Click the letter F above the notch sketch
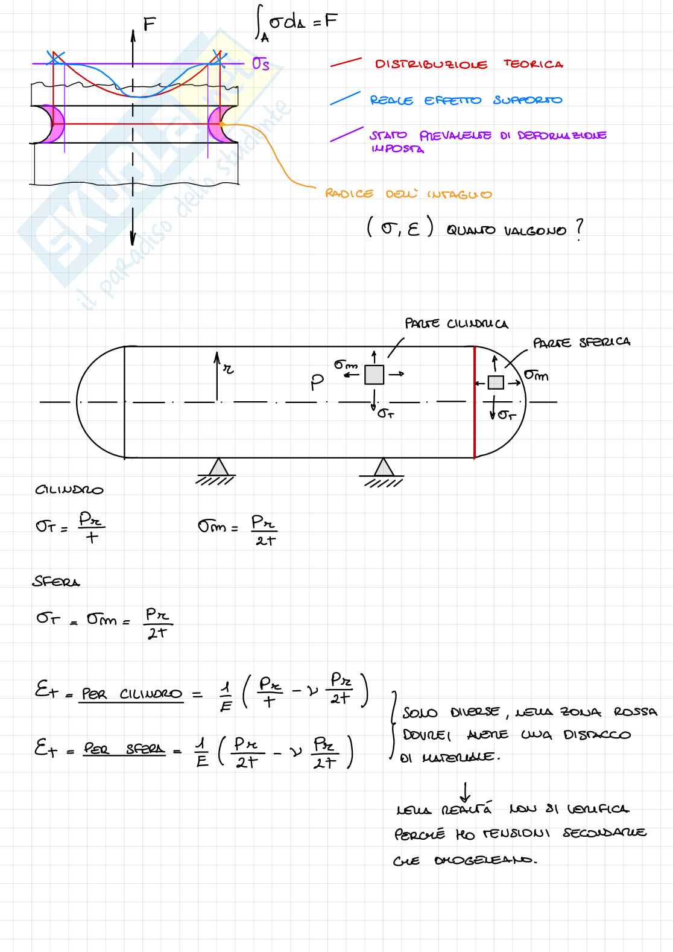tap(150, 24)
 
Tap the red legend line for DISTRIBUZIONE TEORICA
tap(346, 62)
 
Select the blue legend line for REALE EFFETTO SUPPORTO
tap(345, 98)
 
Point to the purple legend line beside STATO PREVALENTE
tap(346, 135)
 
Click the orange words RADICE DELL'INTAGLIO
tap(408, 194)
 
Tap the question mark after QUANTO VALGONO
tap(579, 229)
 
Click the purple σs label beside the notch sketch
tap(261, 63)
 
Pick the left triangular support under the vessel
tap(218, 468)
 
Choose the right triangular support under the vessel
tap(381, 468)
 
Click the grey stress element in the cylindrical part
tap(374, 375)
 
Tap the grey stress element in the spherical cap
tap(496, 382)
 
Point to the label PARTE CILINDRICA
tap(456, 324)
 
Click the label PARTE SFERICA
tap(581, 342)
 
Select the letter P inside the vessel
tap(317, 382)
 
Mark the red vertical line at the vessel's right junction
tap(475, 402)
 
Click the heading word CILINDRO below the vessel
tap(69, 490)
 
